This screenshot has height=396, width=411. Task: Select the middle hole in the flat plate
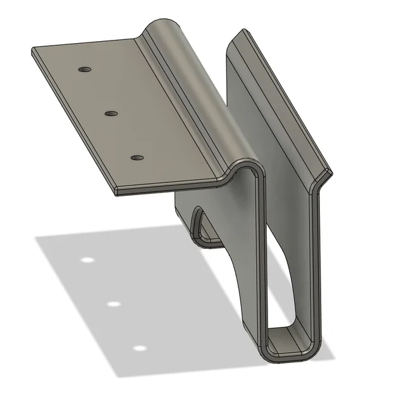click(111, 113)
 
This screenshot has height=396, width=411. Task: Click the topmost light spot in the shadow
click(87, 260)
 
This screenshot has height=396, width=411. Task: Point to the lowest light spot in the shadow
click(139, 348)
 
